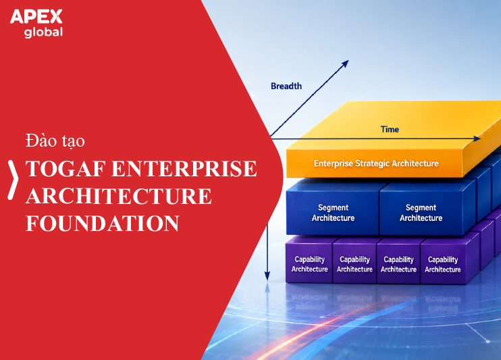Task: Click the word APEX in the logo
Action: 36,17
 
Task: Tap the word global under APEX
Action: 43,32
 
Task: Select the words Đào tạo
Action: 55,140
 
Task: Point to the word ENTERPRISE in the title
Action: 184,168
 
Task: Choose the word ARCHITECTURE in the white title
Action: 119,196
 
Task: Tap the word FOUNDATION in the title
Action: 102,223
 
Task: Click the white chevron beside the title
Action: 13,180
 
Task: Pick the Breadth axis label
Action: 286,86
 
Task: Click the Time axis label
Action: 390,129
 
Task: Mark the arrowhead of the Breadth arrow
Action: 345,63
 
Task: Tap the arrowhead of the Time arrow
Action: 477,138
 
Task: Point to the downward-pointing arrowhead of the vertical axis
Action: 267,276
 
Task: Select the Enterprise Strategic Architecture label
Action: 376,163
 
